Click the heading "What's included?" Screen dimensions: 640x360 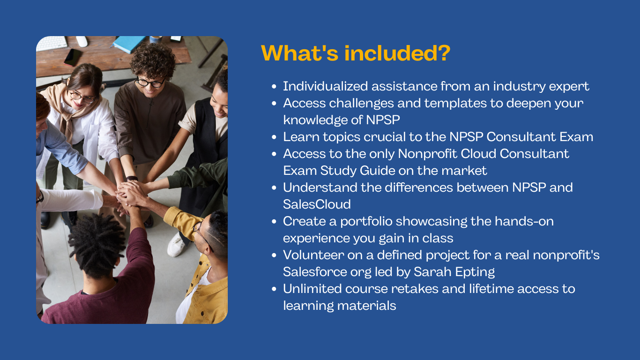pyautogui.click(x=356, y=53)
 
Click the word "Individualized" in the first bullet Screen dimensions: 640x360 pyautogui.click(x=325, y=86)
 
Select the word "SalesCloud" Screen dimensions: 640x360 pyautogui.click(x=317, y=204)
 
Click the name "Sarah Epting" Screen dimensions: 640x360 pyautogui.click(x=454, y=272)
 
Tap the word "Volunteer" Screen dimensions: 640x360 pyautogui.click(x=313, y=255)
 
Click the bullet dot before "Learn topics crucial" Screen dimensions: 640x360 pyautogui.click(x=274, y=137)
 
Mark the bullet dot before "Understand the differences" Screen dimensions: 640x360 pyautogui.click(x=274, y=188)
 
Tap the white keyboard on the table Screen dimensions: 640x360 pyautogui.click(x=52, y=44)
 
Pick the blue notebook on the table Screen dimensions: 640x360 pyautogui.click(x=128, y=44)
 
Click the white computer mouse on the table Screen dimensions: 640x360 pyautogui.click(x=82, y=41)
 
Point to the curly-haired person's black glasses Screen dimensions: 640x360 pyautogui.click(x=150, y=82)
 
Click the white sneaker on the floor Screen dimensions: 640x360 pyautogui.click(x=176, y=245)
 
